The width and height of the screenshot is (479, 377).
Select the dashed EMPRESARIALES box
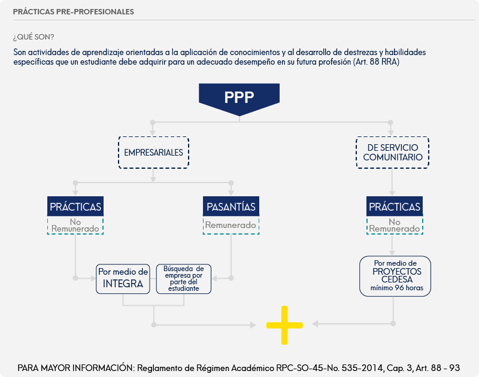(x=154, y=153)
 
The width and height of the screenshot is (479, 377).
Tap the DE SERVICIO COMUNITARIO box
(x=393, y=153)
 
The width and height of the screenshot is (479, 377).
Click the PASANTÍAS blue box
(x=231, y=206)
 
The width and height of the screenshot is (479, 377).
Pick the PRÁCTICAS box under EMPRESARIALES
(x=75, y=206)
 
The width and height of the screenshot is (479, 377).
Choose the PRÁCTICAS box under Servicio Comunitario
(x=395, y=206)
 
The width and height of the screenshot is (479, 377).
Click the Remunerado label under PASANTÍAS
(x=231, y=225)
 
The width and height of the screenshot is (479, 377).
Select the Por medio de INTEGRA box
(x=123, y=279)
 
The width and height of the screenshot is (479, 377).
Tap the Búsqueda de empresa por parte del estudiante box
(x=184, y=279)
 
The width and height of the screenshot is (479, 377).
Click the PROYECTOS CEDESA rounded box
(x=395, y=276)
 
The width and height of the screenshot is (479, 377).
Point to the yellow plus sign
(x=284, y=325)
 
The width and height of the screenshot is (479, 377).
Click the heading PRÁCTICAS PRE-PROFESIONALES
(x=73, y=11)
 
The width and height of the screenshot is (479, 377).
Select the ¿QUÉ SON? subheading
(x=34, y=37)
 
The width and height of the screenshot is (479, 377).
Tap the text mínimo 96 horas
(x=397, y=288)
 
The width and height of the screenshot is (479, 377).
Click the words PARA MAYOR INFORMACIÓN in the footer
(x=76, y=368)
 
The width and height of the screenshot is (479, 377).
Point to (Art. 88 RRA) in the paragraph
(x=377, y=62)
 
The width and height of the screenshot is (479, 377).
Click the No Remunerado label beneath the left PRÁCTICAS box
(x=75, y=225)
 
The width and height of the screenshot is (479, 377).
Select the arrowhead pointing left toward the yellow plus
(x=315, y=324)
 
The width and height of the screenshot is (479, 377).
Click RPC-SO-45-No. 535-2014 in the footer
(x=331, y=368)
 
